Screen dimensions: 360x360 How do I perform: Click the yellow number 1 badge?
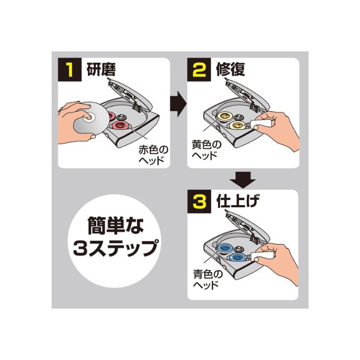click(70, 69)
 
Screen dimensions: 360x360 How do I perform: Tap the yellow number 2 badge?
click(199, 69)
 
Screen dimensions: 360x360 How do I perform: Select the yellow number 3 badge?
click(199, 202)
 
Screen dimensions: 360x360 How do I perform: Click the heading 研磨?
click(101, 69)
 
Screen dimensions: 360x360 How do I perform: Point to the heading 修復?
click(230, 69)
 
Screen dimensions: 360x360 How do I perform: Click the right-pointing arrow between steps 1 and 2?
click(178, 104)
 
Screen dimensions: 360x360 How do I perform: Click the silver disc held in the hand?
click(92, 118)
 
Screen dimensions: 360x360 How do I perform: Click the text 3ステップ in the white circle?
click(116, 247)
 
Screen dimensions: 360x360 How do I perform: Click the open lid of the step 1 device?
click(130, 95)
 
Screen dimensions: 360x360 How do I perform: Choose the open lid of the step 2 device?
click(247, 95)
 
